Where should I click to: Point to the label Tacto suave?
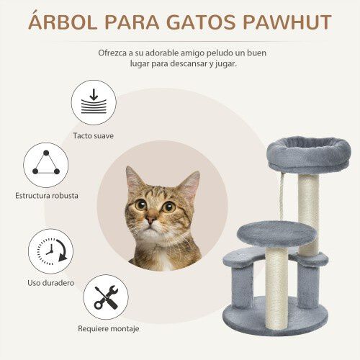pyautogui.click(x=93, y=135)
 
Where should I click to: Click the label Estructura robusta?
pyautogui.click(x=47, y=195)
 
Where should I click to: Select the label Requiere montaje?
pyautogui.click(x=107, y=329)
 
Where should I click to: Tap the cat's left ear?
pyautogui.click(x=133, y=180)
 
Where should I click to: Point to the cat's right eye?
pyautogui.click(x=168, y=207)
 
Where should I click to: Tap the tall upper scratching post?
pyautogui.click(x=310, y=209)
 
